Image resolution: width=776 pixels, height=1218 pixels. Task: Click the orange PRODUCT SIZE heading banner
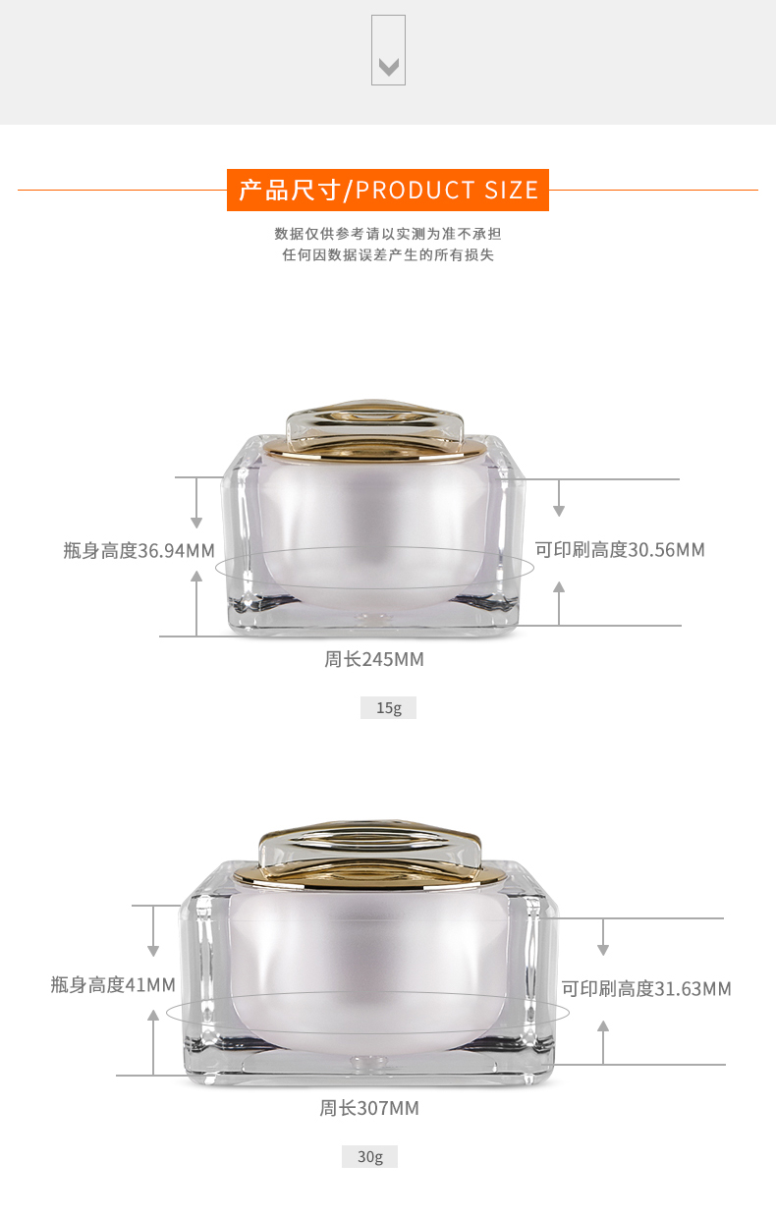(388, 190)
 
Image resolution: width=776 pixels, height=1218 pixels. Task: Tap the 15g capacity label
(388, 707)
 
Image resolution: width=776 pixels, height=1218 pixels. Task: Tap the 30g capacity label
(369, 1156)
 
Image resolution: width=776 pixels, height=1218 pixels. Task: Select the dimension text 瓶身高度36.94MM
(139, 550)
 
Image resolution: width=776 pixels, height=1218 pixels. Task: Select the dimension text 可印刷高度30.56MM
(620, 550)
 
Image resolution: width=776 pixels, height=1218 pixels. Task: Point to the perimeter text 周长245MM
(374, 659)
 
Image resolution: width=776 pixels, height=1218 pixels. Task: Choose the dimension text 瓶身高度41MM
(113, 984)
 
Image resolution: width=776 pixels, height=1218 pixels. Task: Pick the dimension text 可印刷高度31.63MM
(646, 988)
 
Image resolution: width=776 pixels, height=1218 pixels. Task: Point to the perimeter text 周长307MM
(369, 1108)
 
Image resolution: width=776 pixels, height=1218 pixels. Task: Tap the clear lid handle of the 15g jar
(374, 421)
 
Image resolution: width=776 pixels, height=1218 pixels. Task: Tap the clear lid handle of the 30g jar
(369, 845)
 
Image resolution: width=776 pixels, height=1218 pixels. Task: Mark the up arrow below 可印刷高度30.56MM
(559, 603)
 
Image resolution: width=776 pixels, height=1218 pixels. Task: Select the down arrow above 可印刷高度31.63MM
(603, 937)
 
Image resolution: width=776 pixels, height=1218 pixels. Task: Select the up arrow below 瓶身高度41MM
(153, 1042)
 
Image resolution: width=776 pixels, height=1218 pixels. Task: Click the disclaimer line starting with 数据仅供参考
(388, 234)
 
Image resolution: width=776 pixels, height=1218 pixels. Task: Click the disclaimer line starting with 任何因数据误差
(388, 255)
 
